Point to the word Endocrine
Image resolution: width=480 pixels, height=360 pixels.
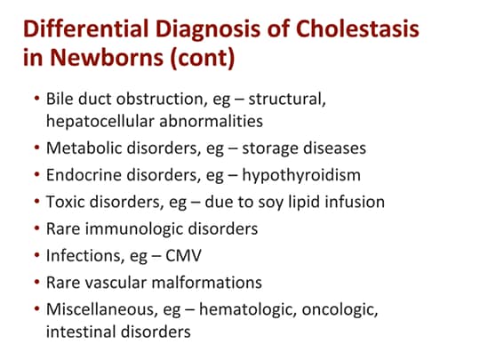(83, 174)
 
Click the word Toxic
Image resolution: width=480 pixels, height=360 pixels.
(65, 202)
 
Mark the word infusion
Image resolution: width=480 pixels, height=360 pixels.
(355, 202)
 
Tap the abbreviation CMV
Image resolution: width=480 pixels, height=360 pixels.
(189, 256)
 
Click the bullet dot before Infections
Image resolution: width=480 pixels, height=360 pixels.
(35, 256)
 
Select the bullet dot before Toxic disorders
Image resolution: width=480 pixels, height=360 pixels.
(35, 202)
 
